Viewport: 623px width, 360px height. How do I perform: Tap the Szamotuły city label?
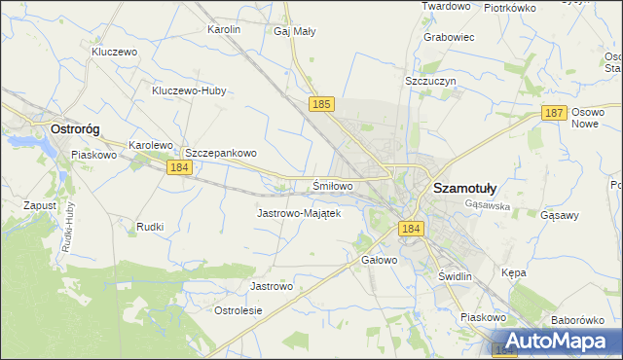pyautogui.click(x=464, y=188)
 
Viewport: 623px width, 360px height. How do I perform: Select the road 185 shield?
pyautogui.click(x=323, y=102)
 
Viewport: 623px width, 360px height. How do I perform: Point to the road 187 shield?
pyautogui.click(x=554, y=114)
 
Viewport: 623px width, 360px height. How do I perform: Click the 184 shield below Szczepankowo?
pyautogui.click(x=177, y=168)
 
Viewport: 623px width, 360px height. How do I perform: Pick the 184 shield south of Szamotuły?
pyautogui.click(x=410, y=228)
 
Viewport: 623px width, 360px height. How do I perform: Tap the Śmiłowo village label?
pyautogui.click(x=332, y=185)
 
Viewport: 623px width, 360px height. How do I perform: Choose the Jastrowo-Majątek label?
pyautogui.click(x=298, y=213)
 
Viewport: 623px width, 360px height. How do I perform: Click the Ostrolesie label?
pyautogui.click(x=238, y=310)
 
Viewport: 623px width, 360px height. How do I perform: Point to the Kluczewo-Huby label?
pyautogui.click(x=189, y=91)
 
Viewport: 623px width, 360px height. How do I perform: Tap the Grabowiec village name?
pyautogui.click(x=449, y=38)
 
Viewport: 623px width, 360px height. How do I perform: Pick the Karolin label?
pyautogui.click(x=224, y=29)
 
